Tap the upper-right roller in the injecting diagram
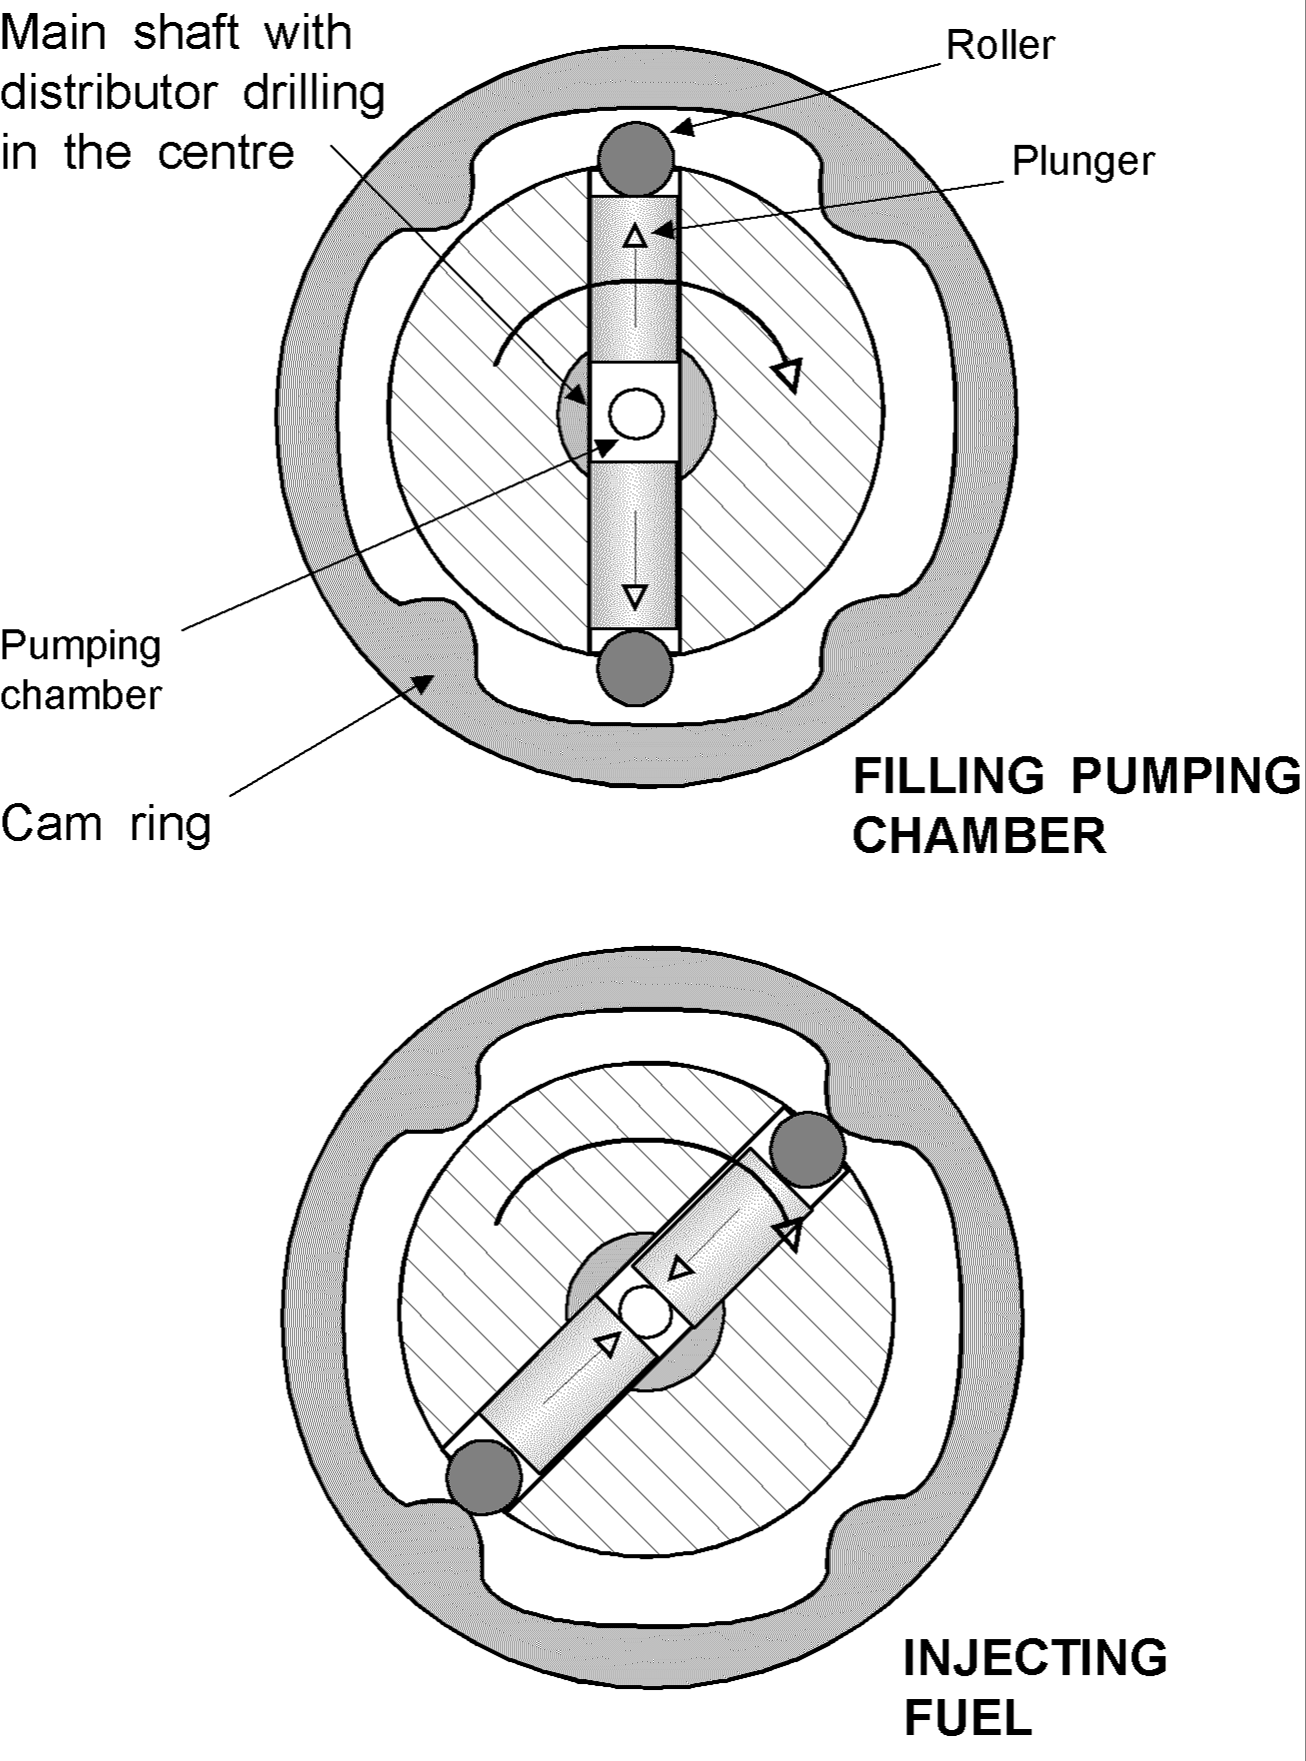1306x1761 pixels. pos(807,1149)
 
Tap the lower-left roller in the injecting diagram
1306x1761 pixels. pos(484,1476)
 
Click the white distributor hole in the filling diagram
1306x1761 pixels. pos(637,413)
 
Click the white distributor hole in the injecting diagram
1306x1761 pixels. pos(646,1312)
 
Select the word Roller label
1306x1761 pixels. pos(1000,45)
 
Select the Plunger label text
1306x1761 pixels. pos(1083,161)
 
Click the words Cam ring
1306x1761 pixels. pos(106,824)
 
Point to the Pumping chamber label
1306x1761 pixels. pos(80,670)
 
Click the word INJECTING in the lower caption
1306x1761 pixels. pos(1034,1657)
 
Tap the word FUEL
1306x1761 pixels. pos(966,1718)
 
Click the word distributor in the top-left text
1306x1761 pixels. pos(108,93)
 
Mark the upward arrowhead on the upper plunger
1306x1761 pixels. pos(635,236)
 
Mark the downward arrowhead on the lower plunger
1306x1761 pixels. pos(635,597)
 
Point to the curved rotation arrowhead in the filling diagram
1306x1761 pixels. pos(788,375)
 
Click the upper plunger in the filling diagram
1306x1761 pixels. pos(634,280)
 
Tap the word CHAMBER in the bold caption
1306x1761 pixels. pos(978,835)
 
